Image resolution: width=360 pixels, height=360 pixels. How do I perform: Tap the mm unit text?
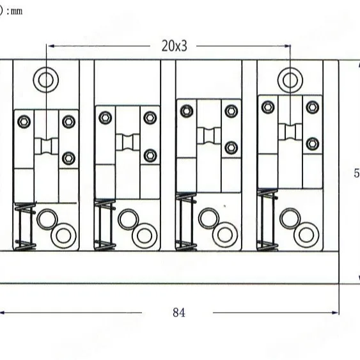(15, 11)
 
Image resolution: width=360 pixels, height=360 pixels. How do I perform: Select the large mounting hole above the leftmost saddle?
(46, 79)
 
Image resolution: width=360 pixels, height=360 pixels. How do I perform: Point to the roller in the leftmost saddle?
(46, 146)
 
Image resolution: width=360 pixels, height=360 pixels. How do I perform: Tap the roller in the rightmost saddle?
(290, 132)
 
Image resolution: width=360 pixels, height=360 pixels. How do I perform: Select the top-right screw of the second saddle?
(150, 116)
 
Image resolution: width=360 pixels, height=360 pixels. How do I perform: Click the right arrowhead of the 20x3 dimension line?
(286, 46)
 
